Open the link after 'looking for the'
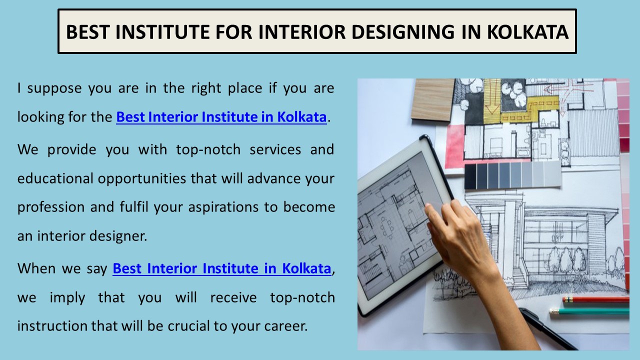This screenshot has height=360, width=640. pyautogui.click(x=221, y=117)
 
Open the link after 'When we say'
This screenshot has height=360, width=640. pyautogui.click(x=221, y=268)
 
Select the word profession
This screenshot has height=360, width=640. pyautogui.click(x=51, y=207)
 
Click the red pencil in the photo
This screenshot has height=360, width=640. pyautogui.click(x=595, y=300)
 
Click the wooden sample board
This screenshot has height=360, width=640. pyautogui.click(x=432, y=100)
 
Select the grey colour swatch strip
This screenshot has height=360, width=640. pyautogui.click(x=512, y=175)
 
